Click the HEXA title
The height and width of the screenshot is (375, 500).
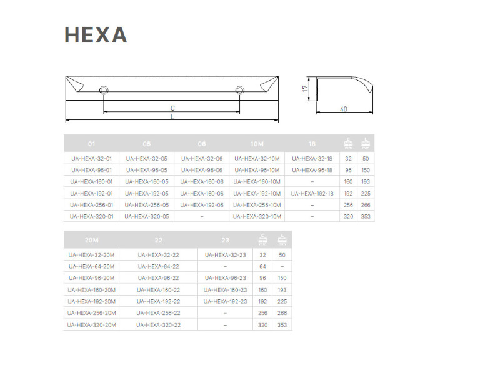pos(96,35)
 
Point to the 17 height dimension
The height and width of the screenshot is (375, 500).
pos(306,89)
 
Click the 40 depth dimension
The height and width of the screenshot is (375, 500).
pos(343,109)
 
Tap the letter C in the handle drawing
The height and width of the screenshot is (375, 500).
pos(172,108)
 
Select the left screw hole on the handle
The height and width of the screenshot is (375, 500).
pos(104,90)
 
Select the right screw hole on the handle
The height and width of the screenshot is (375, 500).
pos(240,90)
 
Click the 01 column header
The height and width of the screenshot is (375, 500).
pos(91,144)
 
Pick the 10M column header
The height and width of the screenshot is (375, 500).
pos(257,144)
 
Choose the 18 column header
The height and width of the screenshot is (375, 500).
pos(312,144)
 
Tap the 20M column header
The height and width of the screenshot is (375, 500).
pos(91,241)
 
